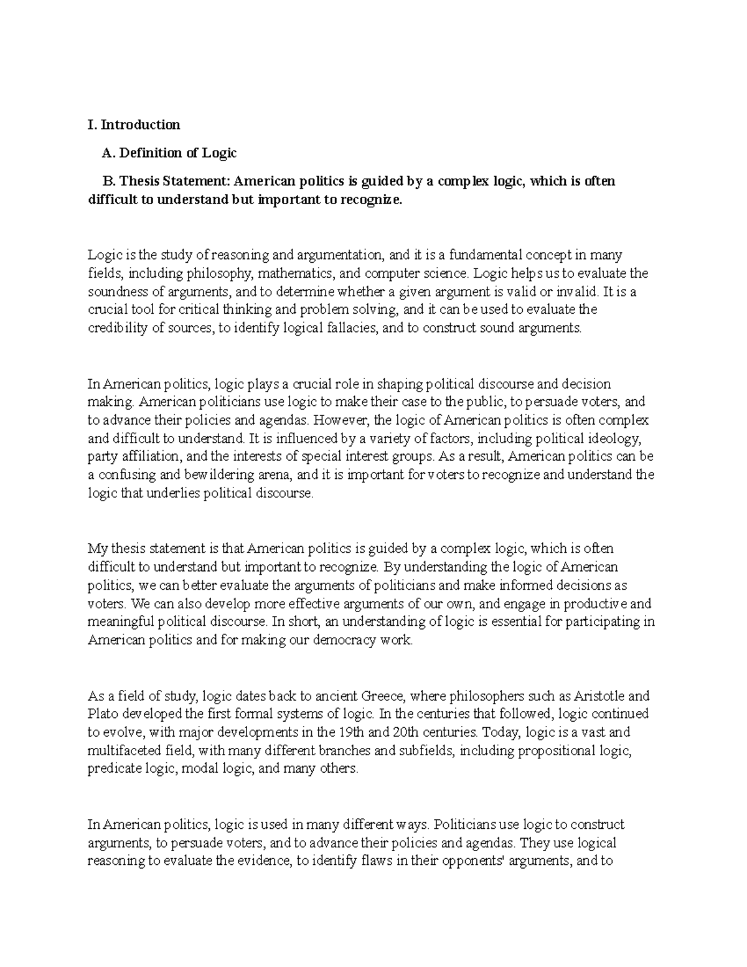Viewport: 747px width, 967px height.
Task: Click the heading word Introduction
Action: [x=141, y=125]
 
